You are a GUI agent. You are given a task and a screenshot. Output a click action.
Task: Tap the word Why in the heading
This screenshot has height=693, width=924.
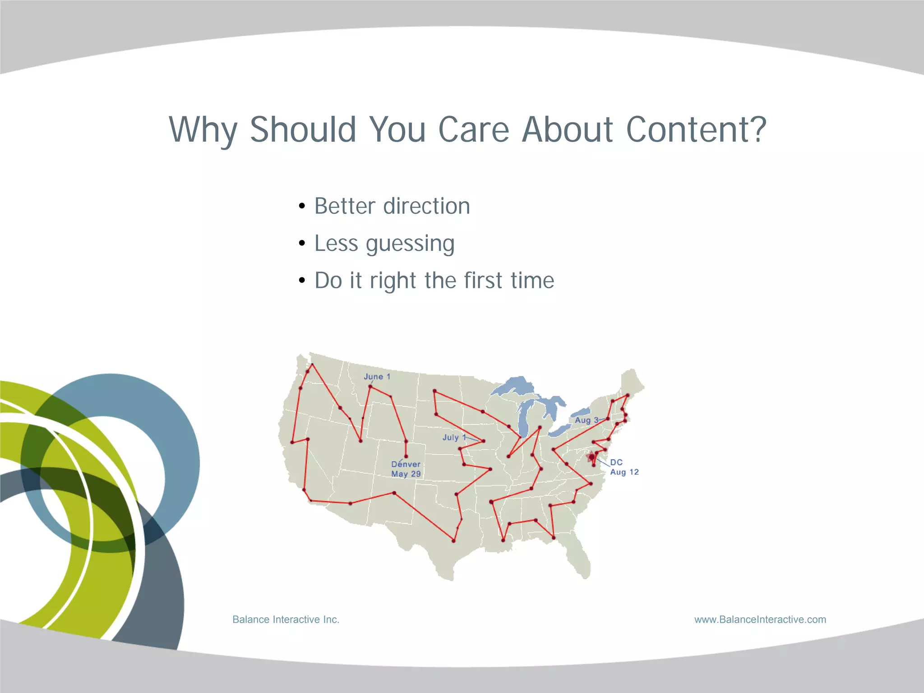[203, 130]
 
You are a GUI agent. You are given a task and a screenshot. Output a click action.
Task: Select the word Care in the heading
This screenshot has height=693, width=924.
[473, 129]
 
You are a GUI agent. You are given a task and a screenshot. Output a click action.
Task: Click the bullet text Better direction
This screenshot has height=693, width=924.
[392, 206]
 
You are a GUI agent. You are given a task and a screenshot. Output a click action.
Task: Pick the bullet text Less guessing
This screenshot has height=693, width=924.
[384, 244]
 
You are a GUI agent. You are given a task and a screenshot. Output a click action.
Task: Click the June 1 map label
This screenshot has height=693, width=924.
[377, 376]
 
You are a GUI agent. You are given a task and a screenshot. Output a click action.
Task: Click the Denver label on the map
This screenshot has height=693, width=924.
[406, 464]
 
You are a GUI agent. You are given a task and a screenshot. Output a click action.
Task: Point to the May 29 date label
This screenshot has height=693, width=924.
[406, 474]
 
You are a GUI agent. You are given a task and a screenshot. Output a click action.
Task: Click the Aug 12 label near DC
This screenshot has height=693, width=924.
[624, 472]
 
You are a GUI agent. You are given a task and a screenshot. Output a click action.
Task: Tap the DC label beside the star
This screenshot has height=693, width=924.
[616, 462]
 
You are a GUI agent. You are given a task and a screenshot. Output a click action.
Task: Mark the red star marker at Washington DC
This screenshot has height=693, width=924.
[591, 457]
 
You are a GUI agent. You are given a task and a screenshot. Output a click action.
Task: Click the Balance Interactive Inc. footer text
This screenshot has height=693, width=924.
[286, 619]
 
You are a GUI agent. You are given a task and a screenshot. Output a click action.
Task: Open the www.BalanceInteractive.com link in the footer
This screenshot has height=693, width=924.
[760, 619]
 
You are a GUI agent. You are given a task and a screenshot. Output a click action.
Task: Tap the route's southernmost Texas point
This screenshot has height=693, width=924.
[453, 541]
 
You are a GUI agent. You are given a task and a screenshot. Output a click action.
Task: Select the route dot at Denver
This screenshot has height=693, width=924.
[406, 456]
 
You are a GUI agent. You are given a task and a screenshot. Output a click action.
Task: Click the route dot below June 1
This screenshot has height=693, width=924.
[370, 387]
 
